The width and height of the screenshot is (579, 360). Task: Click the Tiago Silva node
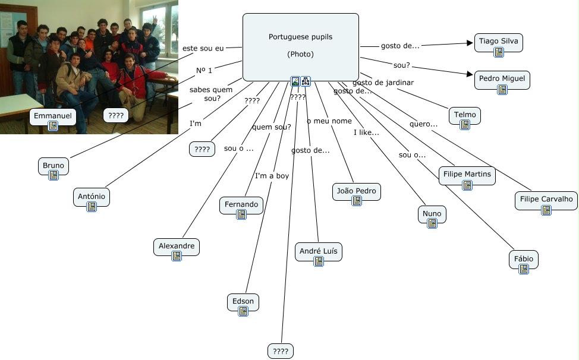[498, 42]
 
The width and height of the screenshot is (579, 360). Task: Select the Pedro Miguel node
[502, 79]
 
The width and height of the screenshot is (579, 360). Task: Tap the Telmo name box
[465, 115]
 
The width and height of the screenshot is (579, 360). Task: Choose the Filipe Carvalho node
[546, 199]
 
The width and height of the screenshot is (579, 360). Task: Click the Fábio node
[523, 259]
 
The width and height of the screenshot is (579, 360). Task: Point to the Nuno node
[432, 214]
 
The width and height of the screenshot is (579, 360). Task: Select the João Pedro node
[356, 191]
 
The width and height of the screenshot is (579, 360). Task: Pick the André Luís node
[318, 251]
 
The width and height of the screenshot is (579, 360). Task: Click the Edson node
[243, 301]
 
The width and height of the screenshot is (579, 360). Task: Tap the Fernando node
[241, 204]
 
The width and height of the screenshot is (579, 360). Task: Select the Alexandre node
[176, 246]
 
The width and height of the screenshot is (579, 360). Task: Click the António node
[92, 196]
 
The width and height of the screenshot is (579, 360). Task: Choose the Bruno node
[53, 166]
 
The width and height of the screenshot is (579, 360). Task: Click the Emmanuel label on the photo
[52, 116]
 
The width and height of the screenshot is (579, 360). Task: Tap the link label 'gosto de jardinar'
[383, 83]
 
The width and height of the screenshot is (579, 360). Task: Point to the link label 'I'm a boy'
[272, 176]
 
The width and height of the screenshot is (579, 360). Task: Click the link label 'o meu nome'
[329, 121]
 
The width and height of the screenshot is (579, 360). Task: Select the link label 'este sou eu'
[203, 48]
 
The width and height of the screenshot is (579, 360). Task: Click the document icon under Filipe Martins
[467, 185]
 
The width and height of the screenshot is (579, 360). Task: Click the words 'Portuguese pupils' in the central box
[300, 37]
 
